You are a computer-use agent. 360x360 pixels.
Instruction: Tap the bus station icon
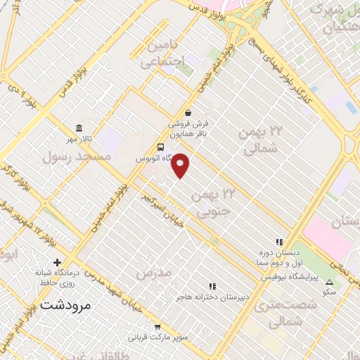pos(162,148)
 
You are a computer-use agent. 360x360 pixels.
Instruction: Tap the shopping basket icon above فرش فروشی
pos(187,112)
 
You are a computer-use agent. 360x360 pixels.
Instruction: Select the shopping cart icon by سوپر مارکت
pos(159,327)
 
